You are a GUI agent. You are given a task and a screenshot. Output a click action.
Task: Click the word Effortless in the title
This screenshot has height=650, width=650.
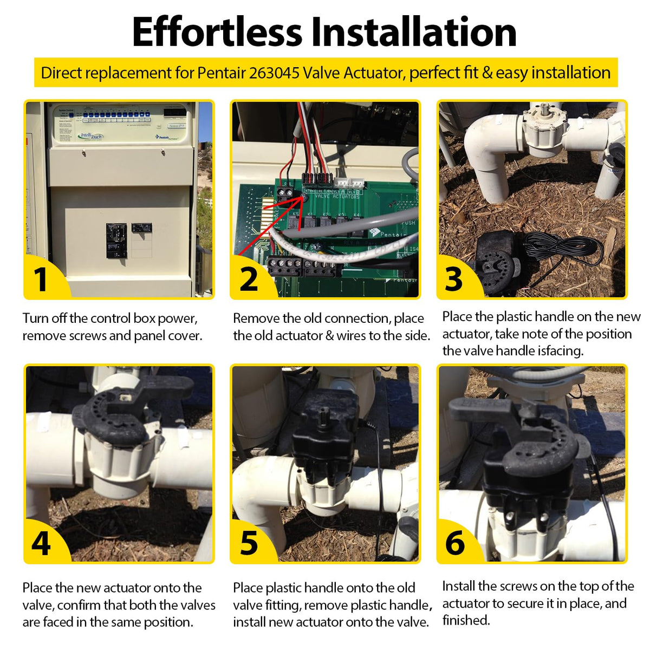[x=217, y=32]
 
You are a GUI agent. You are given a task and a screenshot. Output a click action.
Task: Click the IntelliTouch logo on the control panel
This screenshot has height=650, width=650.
[x=91, y=136]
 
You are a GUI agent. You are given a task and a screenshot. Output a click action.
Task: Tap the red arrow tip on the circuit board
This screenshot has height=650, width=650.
[x=303, y=198]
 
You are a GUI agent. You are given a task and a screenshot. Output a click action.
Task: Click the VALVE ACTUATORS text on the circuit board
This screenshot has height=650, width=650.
[x=337, y=197]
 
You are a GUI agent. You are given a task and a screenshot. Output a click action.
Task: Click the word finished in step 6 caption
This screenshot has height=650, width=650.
[x=466, y=620]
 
